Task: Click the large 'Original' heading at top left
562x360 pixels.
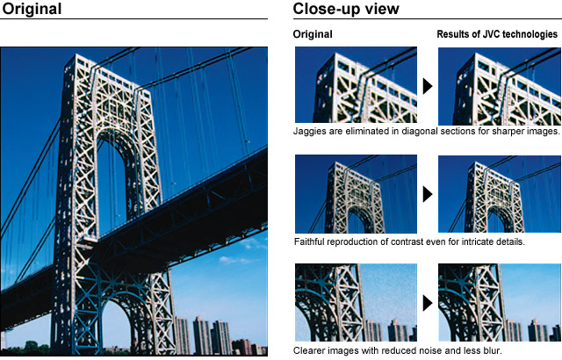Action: click(x=32, y=10)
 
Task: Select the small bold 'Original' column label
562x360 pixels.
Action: click(x=313, y=34)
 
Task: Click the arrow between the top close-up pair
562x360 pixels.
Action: click(x=428, y=86)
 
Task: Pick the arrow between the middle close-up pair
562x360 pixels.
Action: click(x=428, y=194)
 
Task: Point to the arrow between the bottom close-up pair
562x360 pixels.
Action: click(x=428, y=304)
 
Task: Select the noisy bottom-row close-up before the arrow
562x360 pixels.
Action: click(x=356, y=303)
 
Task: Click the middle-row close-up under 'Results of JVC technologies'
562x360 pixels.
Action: click(x=500, y=194)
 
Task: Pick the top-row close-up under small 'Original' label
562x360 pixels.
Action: click(x=356, y=85)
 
